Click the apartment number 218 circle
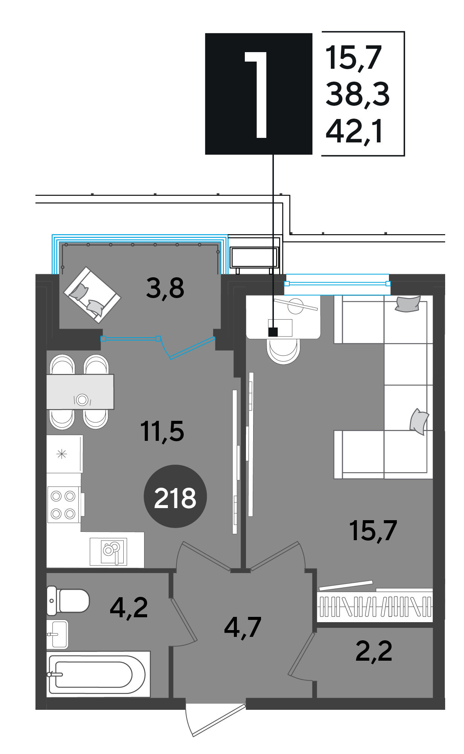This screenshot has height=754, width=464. click(175, 496)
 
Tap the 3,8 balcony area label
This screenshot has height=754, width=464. click(165, 288)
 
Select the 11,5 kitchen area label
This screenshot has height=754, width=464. click(162, 431)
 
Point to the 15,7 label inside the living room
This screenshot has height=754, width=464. click(373, 530)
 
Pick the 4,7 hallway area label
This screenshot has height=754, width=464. click(243, 627)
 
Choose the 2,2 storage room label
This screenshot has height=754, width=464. click(374, 651)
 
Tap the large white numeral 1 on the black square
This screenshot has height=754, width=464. click(257, 94)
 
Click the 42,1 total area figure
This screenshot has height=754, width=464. click(355, 131)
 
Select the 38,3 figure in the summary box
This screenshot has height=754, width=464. click(358, 94)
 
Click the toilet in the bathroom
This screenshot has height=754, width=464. click(68, 601)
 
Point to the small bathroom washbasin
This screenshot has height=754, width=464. click(57, 634)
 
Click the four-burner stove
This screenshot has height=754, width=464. click(64, 504)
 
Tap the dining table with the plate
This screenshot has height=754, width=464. click(80, 392)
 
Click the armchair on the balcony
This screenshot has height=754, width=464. click(92, 295)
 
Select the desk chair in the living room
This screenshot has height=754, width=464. click(284, 351)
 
